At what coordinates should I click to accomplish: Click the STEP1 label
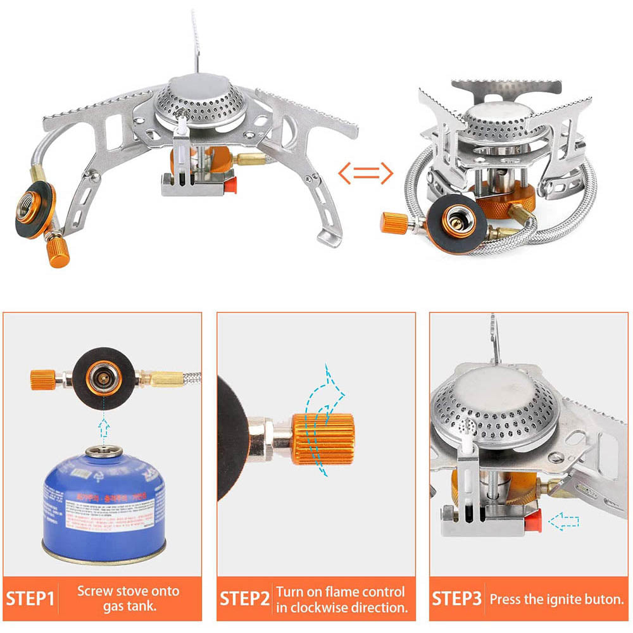pyautogui.click(x=30, y=598)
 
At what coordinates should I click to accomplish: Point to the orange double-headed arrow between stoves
pyautogui.click(x=365, y=172)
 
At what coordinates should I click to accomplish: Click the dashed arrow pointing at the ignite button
pyautogui.click(x=564, y=522)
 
